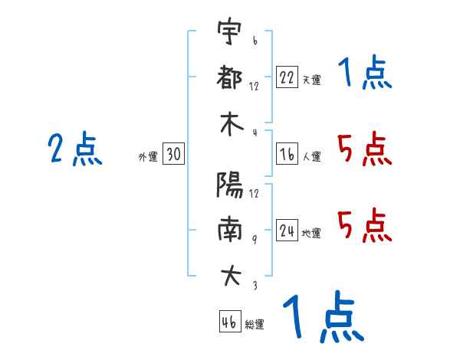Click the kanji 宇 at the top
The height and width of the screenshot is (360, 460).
[230, 31]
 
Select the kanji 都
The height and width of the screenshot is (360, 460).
[229, 77]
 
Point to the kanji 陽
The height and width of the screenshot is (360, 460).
[230, 185]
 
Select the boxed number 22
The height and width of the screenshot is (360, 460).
[287, 77]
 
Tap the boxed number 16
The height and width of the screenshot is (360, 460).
[287, 154]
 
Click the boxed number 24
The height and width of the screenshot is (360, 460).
[287, 230]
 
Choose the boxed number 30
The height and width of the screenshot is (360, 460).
[173, 153]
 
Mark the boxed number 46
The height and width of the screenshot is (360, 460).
[230, 321]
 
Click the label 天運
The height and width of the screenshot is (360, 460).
[312, 80]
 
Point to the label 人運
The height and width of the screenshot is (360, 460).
[312, 156]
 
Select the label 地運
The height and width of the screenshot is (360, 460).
[311, 233]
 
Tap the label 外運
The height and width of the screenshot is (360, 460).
[148, 156]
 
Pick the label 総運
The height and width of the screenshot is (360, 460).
[255, 324]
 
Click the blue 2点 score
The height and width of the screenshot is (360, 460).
[75, 149]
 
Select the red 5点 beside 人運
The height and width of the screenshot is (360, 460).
[365, 149]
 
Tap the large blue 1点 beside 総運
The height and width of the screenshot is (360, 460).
[324, 317]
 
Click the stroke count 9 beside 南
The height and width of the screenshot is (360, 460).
[255, 240]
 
